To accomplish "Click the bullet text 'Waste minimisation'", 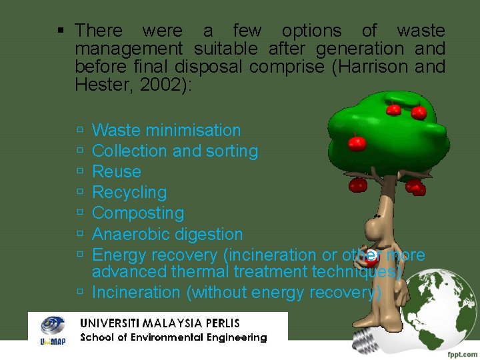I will point(166,131).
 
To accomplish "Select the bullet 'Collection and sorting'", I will point(175,151).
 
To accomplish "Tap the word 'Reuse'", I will point(117,172).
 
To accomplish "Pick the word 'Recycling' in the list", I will point(129,193).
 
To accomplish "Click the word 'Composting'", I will point(138,213).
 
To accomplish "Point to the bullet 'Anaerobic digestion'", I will point(167,235).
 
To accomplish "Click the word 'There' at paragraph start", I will point(99,31).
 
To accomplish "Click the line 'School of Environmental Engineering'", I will point(173,337).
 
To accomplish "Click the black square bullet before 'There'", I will point(61,31).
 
